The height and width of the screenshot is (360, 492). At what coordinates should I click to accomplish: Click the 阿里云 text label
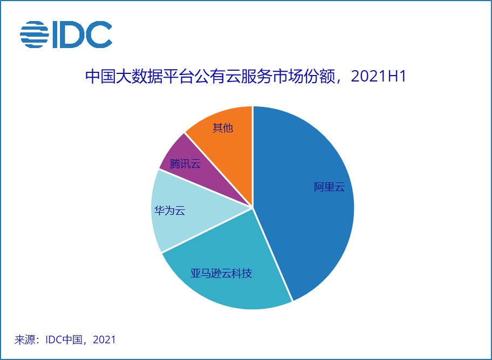click(x=329, y=187)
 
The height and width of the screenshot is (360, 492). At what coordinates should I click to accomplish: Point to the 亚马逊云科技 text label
click(x=221, y=273)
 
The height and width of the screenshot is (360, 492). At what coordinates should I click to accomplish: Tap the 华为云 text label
click(x=169, y=210)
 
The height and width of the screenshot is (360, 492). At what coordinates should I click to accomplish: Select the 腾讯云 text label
click(x=185, y=164)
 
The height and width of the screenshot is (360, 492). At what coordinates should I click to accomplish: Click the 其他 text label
click(x=222, y=128)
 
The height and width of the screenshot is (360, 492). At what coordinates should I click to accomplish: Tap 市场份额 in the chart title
click(x=304, y=77)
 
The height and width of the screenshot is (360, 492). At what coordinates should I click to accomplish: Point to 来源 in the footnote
click(x=26, y=339)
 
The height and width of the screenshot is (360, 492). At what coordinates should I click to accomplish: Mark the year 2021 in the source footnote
click(x=104, y=339)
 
